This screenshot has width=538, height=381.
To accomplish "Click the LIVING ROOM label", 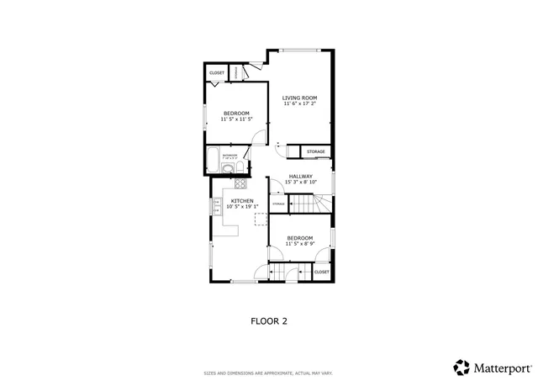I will tap(298, 98).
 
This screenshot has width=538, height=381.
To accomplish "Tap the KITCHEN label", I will tap(243, 201).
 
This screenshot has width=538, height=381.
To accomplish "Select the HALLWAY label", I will tap(300, 176).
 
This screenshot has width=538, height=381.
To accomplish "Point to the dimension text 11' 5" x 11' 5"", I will tap(236, 119).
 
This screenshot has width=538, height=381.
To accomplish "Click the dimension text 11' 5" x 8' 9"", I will tap(300, 244).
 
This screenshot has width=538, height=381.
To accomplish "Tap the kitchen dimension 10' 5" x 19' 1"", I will tap(243, 207).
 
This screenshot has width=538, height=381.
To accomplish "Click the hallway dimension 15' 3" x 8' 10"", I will tap(300, 182).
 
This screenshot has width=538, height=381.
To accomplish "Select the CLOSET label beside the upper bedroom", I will tap(217, 73).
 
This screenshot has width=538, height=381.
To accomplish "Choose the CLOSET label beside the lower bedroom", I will tap(321, 272).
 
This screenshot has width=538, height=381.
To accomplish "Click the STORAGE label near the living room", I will tap(315, 151).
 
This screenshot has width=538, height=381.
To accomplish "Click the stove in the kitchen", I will tap(240, 183).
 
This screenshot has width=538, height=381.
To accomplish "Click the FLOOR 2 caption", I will tap(269, 320).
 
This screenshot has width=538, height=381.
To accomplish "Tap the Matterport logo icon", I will tap(462, 367).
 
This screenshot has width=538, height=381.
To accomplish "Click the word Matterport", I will tap(501, 368).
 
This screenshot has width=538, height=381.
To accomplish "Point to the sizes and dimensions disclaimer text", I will tap(269, 373).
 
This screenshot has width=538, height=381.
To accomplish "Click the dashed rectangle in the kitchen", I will tap(261, 220).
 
